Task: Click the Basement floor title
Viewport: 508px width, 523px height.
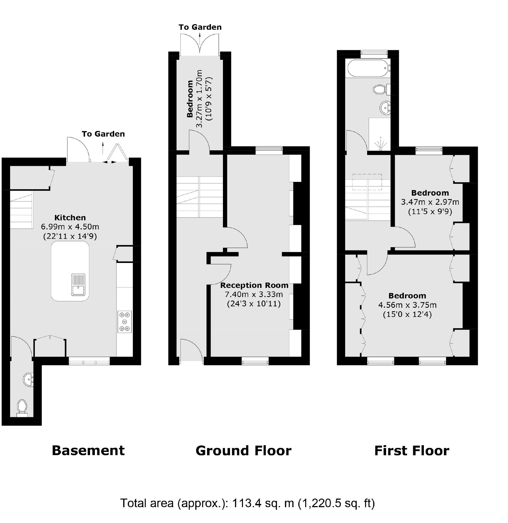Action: pos(88,451)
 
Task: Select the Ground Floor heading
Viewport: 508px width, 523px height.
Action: pos(243,451)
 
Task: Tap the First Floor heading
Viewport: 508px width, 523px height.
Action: pos(412,451)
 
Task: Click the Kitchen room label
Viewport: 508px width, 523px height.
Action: pos(70,217)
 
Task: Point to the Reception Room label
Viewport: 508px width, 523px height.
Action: pos(254,285)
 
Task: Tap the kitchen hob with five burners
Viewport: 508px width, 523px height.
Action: pos(125,321)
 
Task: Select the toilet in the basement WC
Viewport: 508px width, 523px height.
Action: pos(22,407)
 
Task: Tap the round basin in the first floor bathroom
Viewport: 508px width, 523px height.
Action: pos(385,108)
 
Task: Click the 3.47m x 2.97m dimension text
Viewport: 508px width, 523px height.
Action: pos(430,202)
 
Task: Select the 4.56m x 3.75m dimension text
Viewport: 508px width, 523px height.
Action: pos(407,305)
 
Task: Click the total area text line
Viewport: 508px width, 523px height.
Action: pos(247,503)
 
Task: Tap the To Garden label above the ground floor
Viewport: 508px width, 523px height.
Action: pos(200,27)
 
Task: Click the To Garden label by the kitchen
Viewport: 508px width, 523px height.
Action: pos(103,134)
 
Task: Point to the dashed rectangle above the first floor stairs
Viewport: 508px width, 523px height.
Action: pos(367,182)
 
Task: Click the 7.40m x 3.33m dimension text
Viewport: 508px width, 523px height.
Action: pos(254,295)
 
